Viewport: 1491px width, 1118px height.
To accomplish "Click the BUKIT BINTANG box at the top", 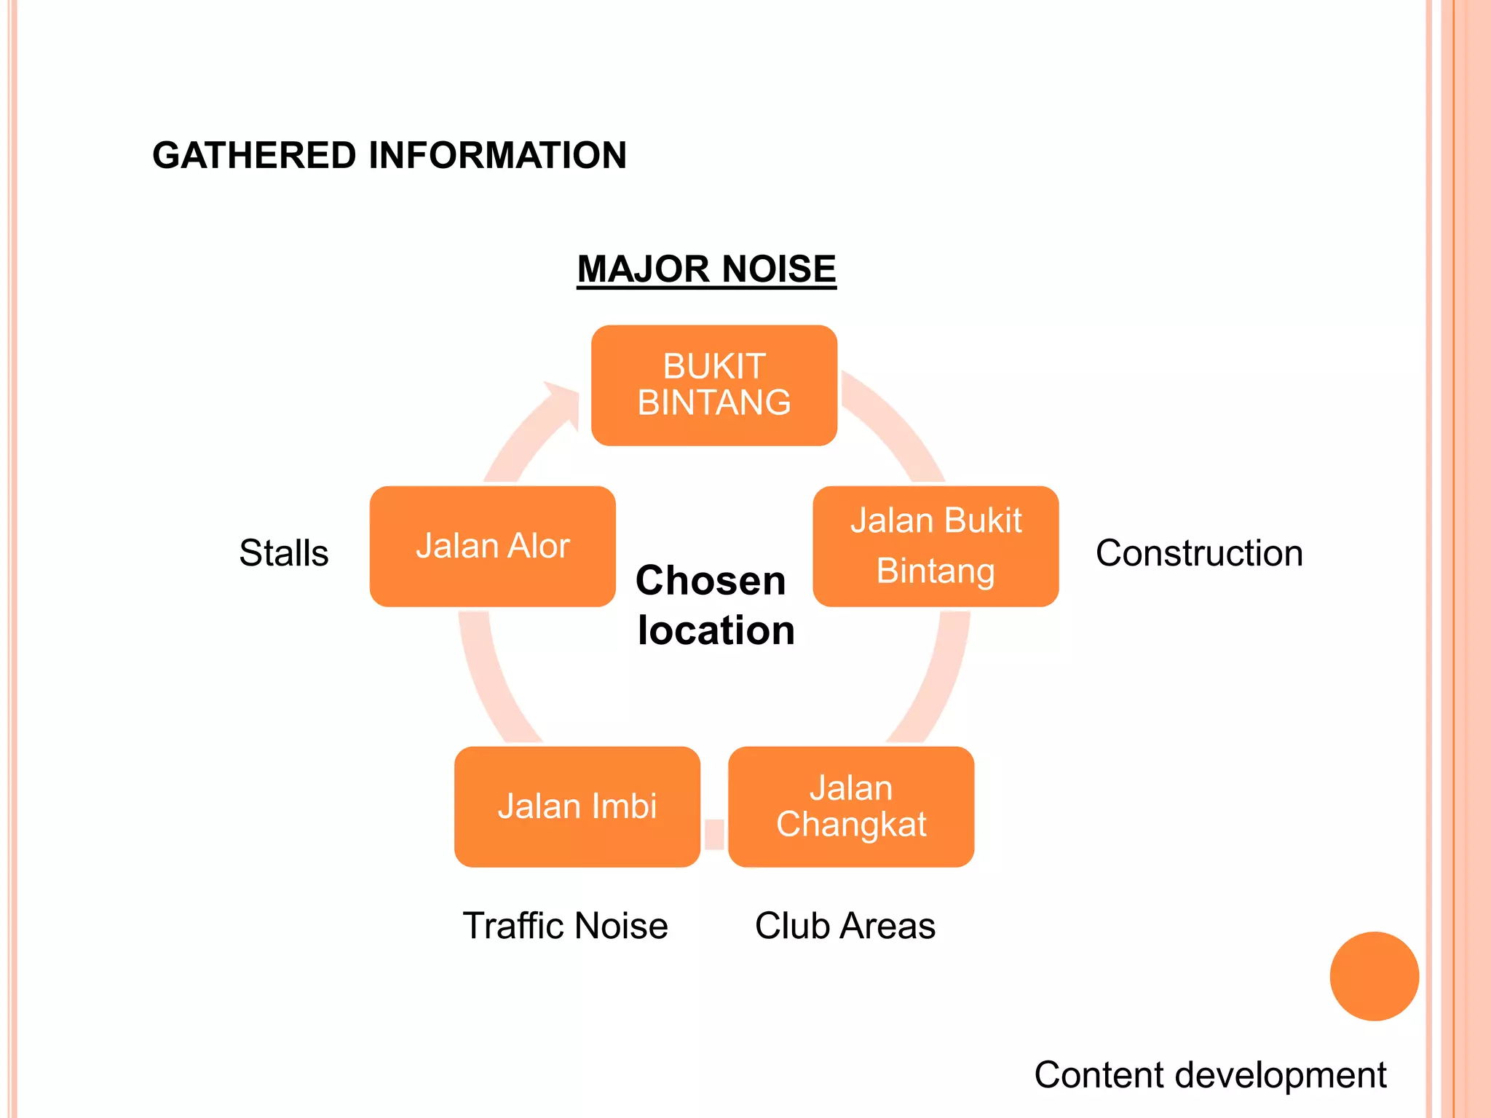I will point(713,385).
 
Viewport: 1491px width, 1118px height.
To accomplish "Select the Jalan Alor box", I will point(492,546).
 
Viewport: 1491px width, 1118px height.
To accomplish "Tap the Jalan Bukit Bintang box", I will point(936,546).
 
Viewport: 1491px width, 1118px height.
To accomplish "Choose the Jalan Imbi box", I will point(577,806).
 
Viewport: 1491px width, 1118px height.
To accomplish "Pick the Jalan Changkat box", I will point(851,806).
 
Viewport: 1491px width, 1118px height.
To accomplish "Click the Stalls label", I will point(284,553).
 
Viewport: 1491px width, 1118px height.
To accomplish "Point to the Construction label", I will point(1199,553).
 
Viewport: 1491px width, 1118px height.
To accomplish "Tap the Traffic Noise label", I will point(565,926).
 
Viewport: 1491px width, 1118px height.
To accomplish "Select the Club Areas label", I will point(845,926).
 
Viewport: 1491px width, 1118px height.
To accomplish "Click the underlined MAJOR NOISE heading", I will point(706,269).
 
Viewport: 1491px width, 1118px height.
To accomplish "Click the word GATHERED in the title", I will point(254,155).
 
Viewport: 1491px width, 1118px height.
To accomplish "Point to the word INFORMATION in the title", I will point(497,155).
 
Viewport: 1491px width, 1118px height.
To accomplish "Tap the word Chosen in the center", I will point(711,581).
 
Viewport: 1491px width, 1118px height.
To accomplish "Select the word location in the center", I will point(716,630).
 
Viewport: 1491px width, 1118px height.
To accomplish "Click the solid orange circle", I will point(1374,976).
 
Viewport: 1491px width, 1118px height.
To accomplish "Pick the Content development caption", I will point(1210,1075).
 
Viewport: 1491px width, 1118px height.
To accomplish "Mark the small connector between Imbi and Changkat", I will point(714,834).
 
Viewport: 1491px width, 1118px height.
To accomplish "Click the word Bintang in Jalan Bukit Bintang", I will point(936,571).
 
